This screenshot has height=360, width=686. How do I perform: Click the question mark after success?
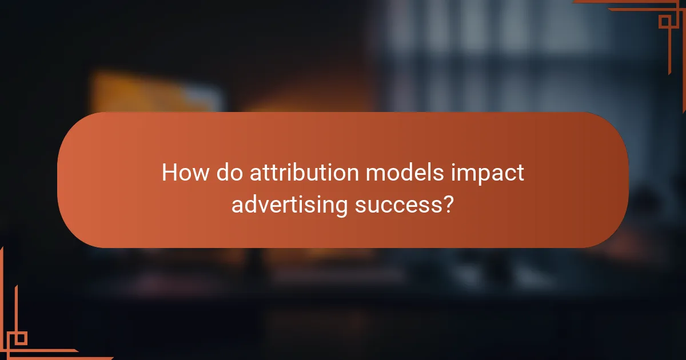point(449,204)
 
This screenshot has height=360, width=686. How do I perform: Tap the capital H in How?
point(169,173)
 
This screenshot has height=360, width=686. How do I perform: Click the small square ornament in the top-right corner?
point(665,22)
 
